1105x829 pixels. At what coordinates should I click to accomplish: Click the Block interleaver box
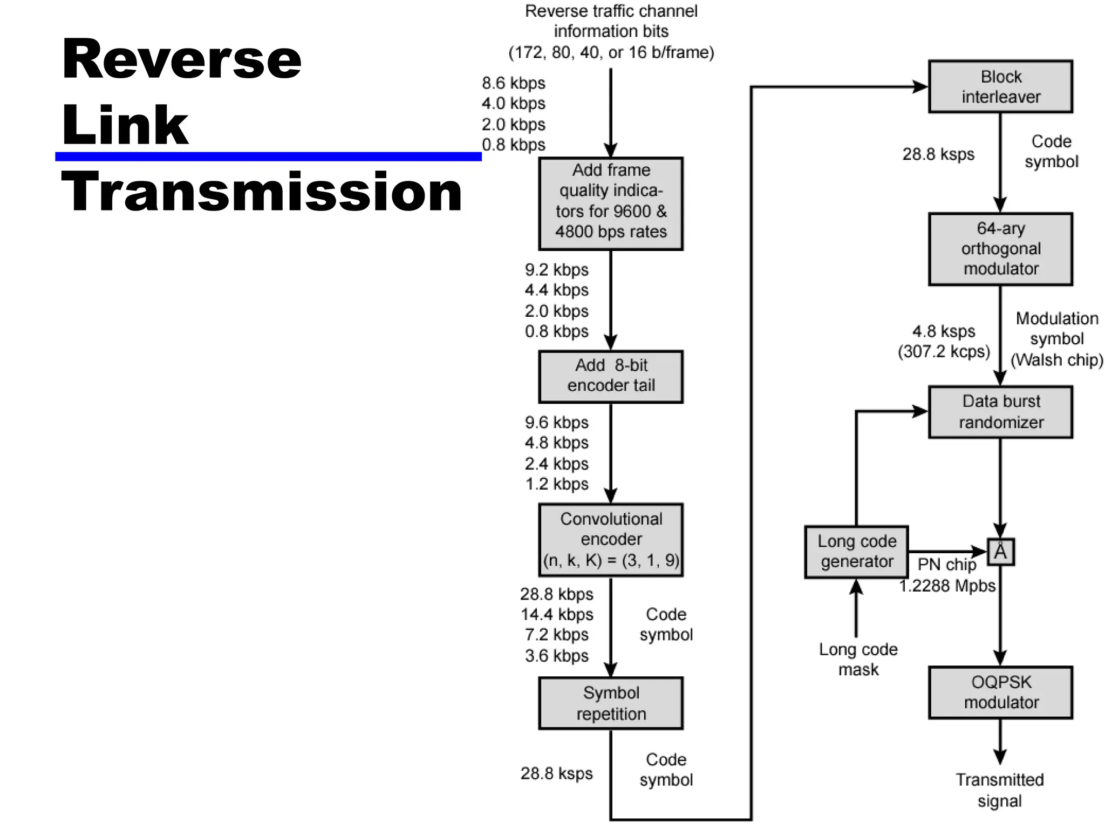click(1000, 86)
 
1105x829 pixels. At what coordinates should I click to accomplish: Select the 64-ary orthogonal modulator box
click(1000, 249)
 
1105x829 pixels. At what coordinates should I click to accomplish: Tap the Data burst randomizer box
click(1000, 412)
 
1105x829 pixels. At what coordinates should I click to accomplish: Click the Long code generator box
click(856, 552)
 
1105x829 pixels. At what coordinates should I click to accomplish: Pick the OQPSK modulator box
click(1000, 692)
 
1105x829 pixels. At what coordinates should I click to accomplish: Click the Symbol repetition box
click(611, 703)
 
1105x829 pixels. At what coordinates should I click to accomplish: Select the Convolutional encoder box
click(611, 540)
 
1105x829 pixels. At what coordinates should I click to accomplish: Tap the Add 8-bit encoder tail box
click(611, 376)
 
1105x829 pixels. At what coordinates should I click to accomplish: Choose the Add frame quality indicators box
click(611, 203)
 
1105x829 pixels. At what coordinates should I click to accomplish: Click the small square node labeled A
click(1000, 552)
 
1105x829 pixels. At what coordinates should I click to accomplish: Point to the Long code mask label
click(858, 659)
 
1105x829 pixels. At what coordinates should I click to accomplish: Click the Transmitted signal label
click(999, 790)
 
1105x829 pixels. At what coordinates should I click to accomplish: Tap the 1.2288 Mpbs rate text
click(947, 586)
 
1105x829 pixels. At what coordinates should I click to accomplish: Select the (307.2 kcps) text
click(944, 351)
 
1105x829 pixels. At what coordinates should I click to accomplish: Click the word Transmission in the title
click(262, 192)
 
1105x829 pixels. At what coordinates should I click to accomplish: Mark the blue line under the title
click(268, 157)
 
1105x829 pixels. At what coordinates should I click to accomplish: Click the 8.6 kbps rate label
click(513, 83)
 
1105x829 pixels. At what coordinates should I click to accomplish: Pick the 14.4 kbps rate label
click(556, 614)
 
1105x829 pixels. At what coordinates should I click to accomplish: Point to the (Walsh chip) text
click(1056, 359)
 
